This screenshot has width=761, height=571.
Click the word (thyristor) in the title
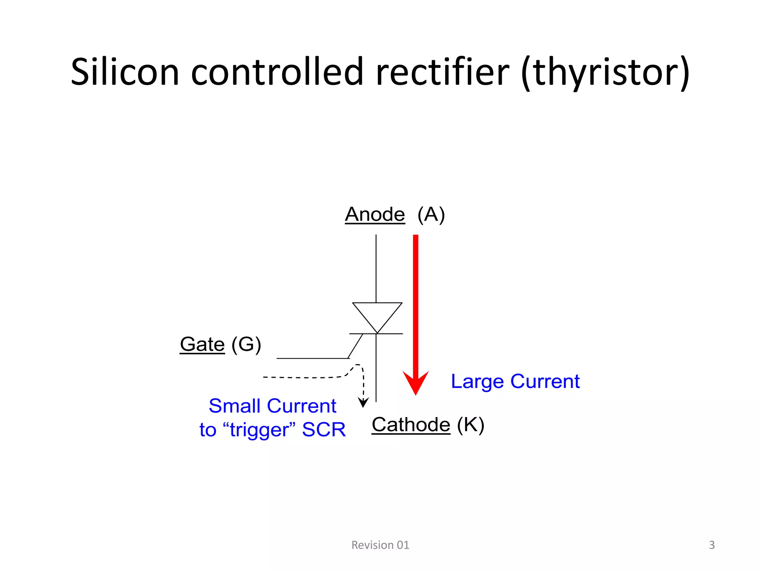[606, 72]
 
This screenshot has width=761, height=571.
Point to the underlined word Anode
[375, 214]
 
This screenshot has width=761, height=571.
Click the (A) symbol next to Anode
[431, 214]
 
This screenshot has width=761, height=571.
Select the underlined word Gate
[202, 344]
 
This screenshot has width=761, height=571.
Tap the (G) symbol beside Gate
[246, 344]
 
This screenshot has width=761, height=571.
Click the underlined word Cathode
[411, 425]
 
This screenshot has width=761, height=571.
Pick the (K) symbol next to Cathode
[470, 425]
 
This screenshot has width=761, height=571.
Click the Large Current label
[515, 381]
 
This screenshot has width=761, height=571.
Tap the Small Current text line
[272, 406]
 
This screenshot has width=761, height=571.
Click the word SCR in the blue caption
[324, 430]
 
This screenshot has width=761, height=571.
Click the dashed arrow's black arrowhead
[363, 403]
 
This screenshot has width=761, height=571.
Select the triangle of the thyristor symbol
[377, 314]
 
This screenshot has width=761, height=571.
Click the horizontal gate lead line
[312, 358]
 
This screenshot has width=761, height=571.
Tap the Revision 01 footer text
[380, 545]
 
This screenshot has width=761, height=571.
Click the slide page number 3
[712, 545]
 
